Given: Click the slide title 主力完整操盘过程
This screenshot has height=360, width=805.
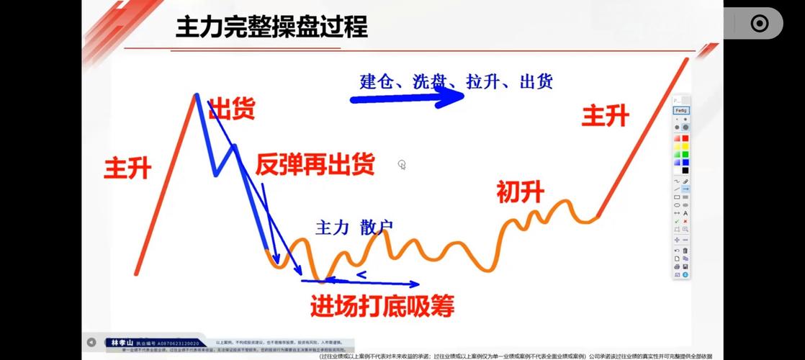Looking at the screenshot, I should pos(271,27).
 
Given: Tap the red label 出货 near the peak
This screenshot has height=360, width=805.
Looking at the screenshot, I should pos(231,109).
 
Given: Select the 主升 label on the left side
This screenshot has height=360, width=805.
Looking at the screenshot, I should pos(127,168).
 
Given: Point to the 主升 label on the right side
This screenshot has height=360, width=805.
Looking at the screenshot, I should pos(606,115).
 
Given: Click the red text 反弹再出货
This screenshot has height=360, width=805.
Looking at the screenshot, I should pos(315,166).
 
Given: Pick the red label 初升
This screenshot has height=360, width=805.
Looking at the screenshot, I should pos(520,192).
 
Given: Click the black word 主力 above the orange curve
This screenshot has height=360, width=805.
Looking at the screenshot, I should pos(332,228).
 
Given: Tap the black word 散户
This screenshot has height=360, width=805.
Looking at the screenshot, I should pos(377,228).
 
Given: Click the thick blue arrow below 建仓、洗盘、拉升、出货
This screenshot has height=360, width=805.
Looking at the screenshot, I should pos(407,98).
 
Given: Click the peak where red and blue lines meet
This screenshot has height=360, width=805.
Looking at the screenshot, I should pos(195,94).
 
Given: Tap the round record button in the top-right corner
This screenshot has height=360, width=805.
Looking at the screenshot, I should pos(760,23).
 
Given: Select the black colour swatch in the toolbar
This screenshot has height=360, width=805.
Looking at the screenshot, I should pos(685,171).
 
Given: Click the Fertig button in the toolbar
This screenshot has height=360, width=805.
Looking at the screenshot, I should pos(680,110).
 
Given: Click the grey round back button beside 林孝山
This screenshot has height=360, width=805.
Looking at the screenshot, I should pos(91,342).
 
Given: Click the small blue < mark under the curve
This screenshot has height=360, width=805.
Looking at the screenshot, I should pos(361,274).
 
